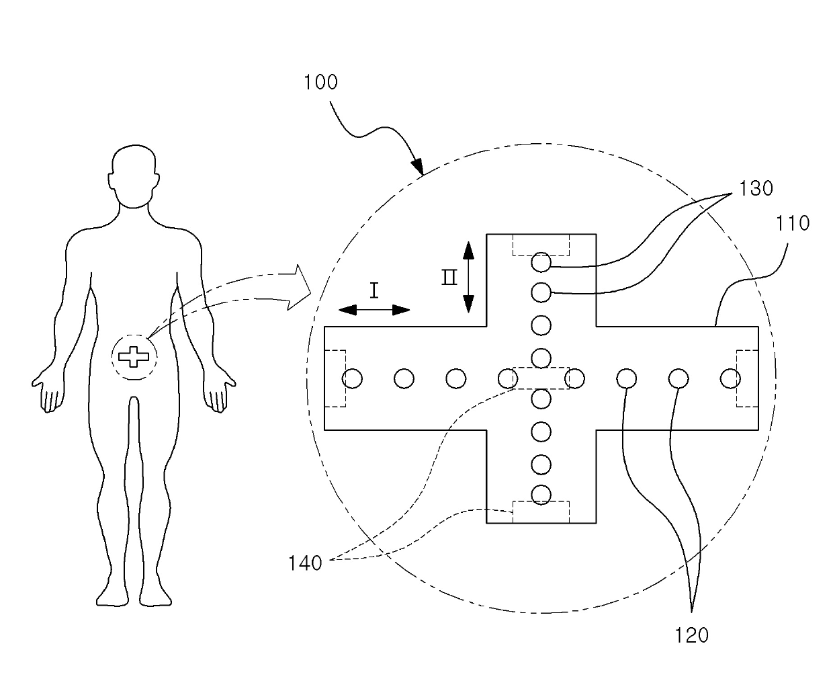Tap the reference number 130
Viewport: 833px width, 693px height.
756,188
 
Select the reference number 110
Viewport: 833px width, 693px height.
793,223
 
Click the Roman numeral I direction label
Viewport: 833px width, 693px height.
374,290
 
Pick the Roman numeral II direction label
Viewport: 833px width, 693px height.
449,278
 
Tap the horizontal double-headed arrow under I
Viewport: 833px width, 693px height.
374,310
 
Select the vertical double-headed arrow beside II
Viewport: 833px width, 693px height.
469,277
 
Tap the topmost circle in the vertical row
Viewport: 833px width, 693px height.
541,262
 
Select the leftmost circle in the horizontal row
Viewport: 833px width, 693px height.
352,378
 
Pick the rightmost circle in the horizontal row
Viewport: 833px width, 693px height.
730,378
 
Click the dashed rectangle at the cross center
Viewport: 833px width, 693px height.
541,378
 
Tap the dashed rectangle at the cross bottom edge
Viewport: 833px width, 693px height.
541,512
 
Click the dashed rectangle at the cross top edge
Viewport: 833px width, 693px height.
541,245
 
